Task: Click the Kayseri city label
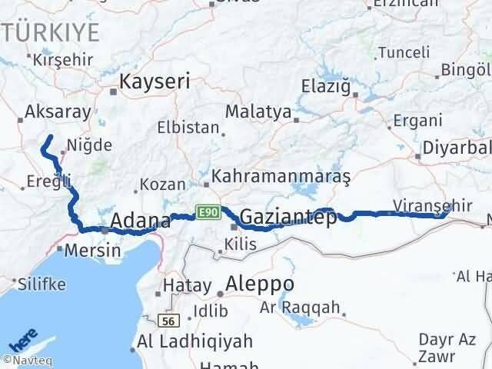(x=155, y=80)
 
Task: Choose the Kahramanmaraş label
(x=281, y=176)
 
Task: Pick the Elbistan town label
(x=188, y=128)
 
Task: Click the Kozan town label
(x=165, y=184)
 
